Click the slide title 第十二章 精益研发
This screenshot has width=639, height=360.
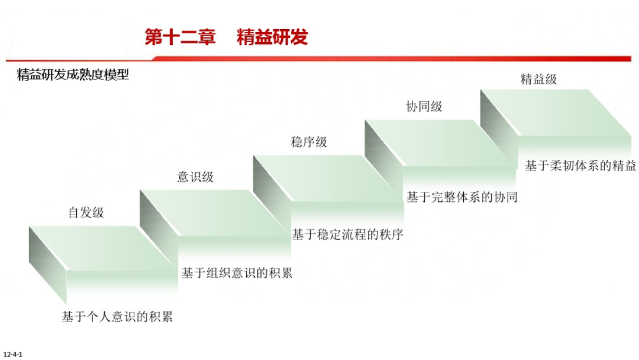point(227,37)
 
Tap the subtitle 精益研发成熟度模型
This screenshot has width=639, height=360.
point(73,75)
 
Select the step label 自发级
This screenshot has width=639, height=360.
point(86,213)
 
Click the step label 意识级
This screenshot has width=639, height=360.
point(195,176)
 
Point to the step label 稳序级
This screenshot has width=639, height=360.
point(308,142)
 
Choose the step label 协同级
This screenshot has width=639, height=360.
point(424,107)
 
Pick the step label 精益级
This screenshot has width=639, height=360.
point(538,79)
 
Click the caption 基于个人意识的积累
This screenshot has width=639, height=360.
point(117,317)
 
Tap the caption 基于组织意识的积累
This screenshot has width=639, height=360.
point(237,273)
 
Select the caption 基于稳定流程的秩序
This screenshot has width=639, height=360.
point(347,234)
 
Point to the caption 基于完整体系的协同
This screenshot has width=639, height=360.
point(461,197)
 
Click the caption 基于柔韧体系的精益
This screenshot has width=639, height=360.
point(580,166)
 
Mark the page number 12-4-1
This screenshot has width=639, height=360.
point(12,354)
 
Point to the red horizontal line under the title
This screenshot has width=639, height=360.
point(390,59)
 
